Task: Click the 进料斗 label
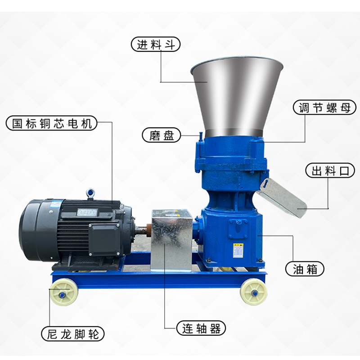click(156, 44)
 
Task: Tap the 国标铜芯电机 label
click(52, 123)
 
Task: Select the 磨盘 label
click(162, 135)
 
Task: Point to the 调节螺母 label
click(324, 107)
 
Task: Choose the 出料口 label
click(330, 171)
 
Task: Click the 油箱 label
click(305, 269)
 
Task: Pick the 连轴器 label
click(201, 328)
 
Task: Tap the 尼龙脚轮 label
click(73, 333)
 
